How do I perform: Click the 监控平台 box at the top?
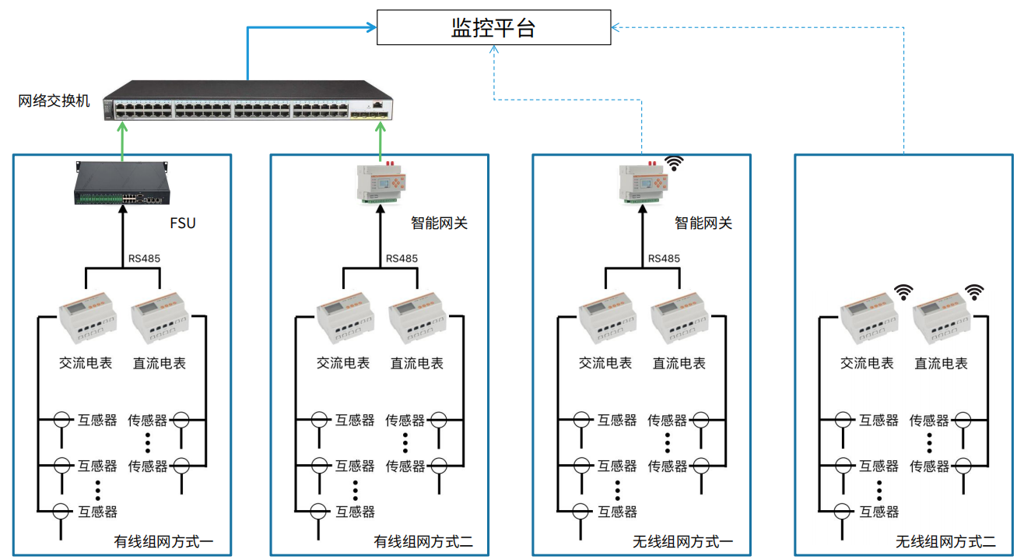tap(493, 28)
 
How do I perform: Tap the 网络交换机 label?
tap(54, 100)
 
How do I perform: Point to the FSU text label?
tap(183, 224)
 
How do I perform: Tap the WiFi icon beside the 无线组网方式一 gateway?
tap(674, 162)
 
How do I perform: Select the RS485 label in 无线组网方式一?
tap(664, 259)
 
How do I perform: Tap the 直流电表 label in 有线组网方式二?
tap(417, 363)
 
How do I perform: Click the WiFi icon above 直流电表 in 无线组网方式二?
tap(974, 291)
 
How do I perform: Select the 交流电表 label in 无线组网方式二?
tap(867, 363)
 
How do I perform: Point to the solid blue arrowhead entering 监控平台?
tap(370, 28)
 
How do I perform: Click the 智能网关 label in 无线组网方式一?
tap(703, 224)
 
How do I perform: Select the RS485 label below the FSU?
tap(144, 259)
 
